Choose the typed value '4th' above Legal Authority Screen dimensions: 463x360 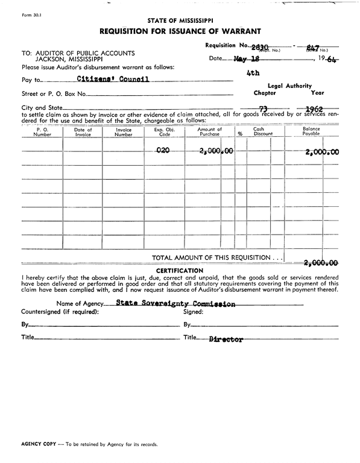pyautogui.click(x=253, y=73)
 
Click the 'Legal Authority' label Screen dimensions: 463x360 pyautogui.click(x=289, y=86)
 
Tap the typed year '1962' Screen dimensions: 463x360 pyautogui.click(x=315, y=110)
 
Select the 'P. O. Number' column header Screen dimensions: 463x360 pyautogui.click(x=42, y=132)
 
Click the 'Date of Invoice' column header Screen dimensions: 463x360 pyautogui.click(x=83, y=132)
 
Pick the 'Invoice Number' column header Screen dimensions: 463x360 pyautogui.click(x=123, y=132)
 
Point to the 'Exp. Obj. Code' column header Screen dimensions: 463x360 pyautogui.click(x=163, y=132)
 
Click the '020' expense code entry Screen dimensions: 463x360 pyautogui.click(x=163, y=151)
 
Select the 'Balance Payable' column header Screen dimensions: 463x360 pyautogui.click(x=311, y=132)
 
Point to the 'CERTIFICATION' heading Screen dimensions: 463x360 pyautogui.click(x=179, y=270)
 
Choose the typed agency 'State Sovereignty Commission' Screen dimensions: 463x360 pyautogui.click(x=175, y=304)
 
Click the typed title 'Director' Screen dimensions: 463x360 pyautogui.click(x=226, y=339)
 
